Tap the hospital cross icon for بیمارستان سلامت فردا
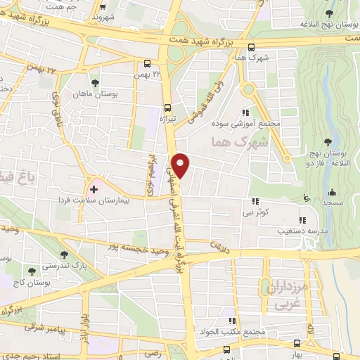click(x=94, y=190)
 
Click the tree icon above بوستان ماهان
click(x=94, y=84)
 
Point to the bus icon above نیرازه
click(x=167, y=108)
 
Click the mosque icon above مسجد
click(x=330, y=192)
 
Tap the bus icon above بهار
click(x=297, y=343)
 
